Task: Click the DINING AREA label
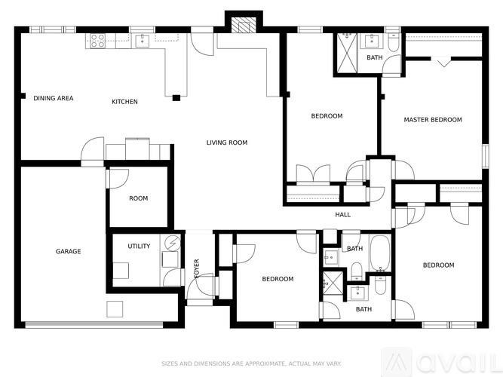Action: click(x=54, y=98)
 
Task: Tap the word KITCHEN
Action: click(x=124, y=102)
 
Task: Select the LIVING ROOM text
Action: click(x=227, y=143)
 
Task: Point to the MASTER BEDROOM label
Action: click(x=433, y=120)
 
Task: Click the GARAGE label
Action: click(x=68, y=251)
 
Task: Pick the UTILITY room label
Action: click(x=139, y=246)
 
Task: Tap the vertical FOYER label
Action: click(x=197, y=268)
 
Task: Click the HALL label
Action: click(x=343, y=215)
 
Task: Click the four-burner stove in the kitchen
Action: click(x=98, y=40)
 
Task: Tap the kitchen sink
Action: click(x=141, y=41)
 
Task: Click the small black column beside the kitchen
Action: click(x=176, y=97)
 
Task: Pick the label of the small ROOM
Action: click(x=138, y=199)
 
